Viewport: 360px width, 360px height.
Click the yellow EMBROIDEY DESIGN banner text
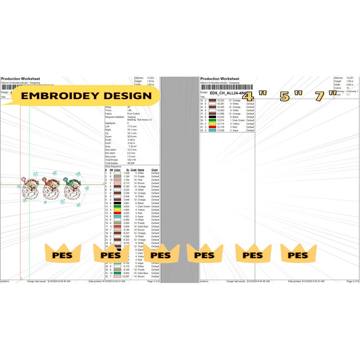point(86,96)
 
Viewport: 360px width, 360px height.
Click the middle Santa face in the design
point(51,189)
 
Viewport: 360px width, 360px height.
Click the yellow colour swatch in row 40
point(212,124)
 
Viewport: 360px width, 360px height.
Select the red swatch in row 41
point(212,127)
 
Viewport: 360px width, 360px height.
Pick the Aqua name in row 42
point(235,130)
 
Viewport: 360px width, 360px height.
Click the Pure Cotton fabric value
point(134,114)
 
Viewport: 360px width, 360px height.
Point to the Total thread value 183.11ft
point(133,160)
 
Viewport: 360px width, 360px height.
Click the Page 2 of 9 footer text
point(350,281)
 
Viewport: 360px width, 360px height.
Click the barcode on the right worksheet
point(226,87)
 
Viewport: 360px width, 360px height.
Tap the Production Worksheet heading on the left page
point(21,78)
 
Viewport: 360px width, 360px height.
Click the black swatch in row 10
point(117,203)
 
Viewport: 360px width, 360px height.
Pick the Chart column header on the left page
point(154,170)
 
